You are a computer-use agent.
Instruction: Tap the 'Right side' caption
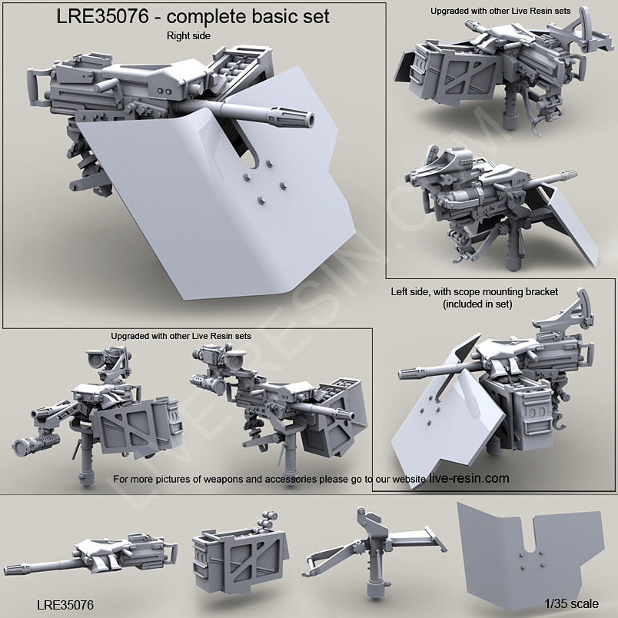click(187, 35)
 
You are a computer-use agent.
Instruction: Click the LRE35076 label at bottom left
click(65, 605)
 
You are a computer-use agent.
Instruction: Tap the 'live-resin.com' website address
click(469, 478)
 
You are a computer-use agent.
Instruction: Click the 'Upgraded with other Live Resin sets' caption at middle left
click(181, 336)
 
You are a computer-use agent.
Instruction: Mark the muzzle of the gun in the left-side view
click(403, 375)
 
